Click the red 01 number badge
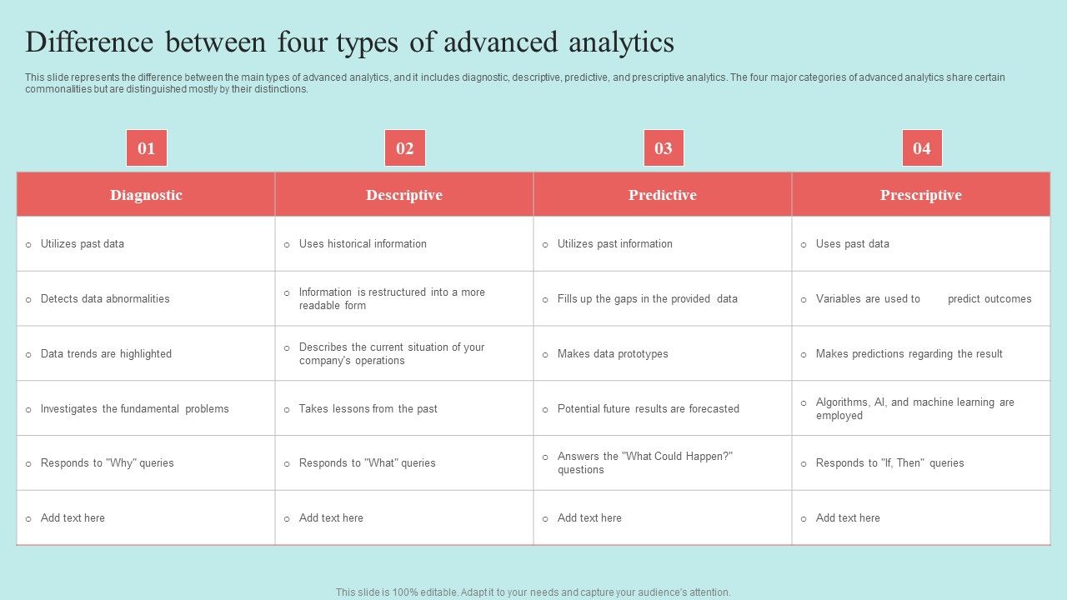pyautogui.click(x=146, y=148)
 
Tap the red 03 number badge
pyautogui.click(x=664, y=148)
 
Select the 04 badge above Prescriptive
pyautogui.click(x=922, y=148)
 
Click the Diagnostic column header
pyautogui.click(x=146, y=195)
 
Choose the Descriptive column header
pyautogui.click(x=404, y=195)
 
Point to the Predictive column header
pyautogui.click(x=663, y=195)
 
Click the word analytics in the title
pyautogui.click(x=621, y=42)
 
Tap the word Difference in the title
pyautogui.click(x=89, y=42)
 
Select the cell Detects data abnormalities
pyautogui.click(x=146, y=298)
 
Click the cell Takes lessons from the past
pyautogui.click(x=404, y=408)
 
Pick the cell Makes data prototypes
pyautogui.click(x=663, y=354)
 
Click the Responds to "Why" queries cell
pyautogui.click(x=146, y=462)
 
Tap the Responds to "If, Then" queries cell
pyautogui.click(x=921, y=462)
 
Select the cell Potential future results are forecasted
pyautogui.click(x=663, y=408)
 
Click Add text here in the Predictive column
pyautogui.click(x=589, y=517)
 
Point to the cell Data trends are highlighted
pyautogui.click(x=146, y=354)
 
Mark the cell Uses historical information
pyautogui.click(x=404, y=244)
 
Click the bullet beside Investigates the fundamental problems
pyautogui.click(x=28, y=409)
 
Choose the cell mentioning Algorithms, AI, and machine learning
pyautogui.click(x=921, y=408)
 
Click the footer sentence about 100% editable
pyautogui.click(x=533, y=592)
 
